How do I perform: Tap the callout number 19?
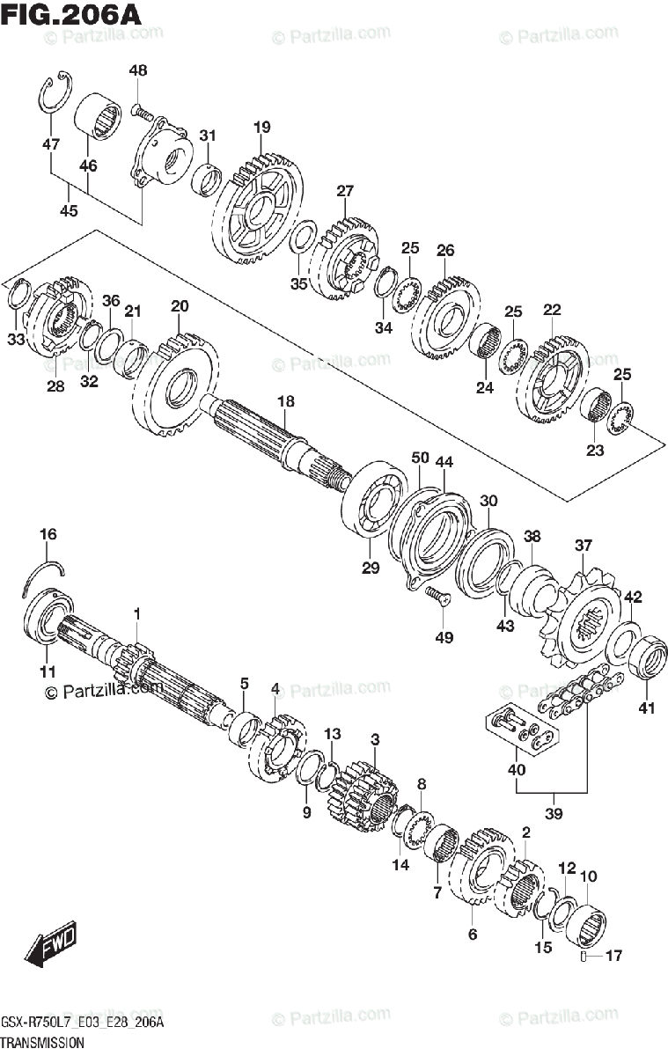pos(261,128)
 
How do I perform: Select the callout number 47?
pos(50,143)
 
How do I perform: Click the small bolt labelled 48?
pos(142,112)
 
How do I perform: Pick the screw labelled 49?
pos(437,598)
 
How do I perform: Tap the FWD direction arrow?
pos(52,945)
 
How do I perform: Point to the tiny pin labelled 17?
pos(585,956)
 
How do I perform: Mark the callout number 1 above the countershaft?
pos(136,612)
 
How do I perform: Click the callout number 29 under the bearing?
pos(370,568)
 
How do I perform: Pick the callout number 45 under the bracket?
pos(68,209)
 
